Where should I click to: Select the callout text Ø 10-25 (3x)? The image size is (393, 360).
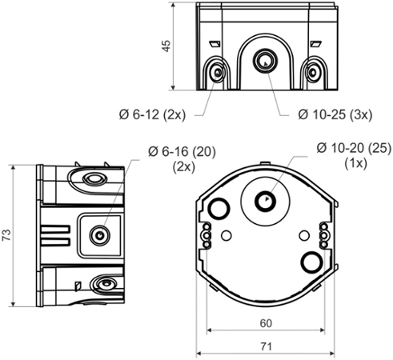pyautogui.click(x=335, y=114)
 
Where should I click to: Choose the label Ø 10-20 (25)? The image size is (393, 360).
pyautogui.click(x=353, y=147)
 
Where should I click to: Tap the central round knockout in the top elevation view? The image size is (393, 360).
pyautogui.click(x=262, y=61)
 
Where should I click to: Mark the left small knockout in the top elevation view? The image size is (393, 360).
pyautogui.click(x=217, y=74)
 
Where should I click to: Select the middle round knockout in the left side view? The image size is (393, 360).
pyautogui.click(x=99, y=235)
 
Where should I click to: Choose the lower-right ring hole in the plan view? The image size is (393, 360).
pyautogui.click(x=308, y=262)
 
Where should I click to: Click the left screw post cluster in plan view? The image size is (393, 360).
pyautogui.click(x=206, y=235)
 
